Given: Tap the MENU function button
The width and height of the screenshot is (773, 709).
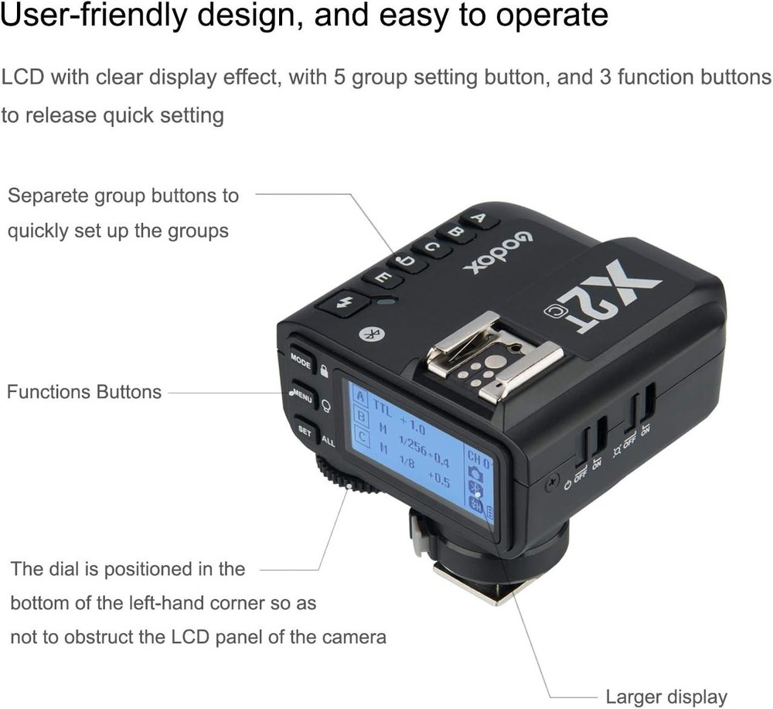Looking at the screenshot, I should pyautogui.click(x=302, y=397).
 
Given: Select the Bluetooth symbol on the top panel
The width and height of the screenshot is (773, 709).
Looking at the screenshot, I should pyautogui.click(x=370, y=334).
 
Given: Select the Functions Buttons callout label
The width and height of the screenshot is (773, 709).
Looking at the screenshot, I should pyautogui.click(x=84, y=392).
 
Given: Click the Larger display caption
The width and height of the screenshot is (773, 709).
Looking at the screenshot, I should pyautogui.click(x=666, y=697).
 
